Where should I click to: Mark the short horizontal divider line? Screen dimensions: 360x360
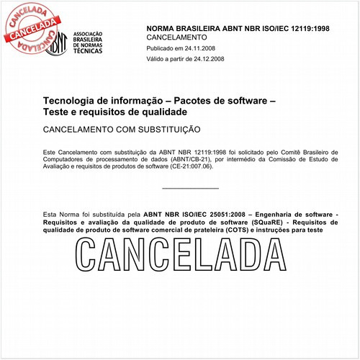(190, 188)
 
